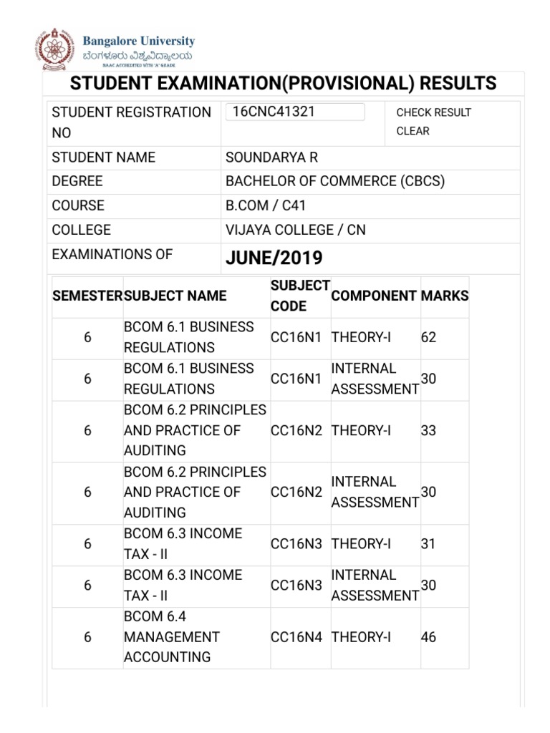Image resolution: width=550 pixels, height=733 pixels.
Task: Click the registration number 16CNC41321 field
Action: pyautogui.click(x=294, y=112)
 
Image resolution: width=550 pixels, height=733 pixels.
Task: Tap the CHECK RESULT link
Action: pyautogui.click(x=433, y=112)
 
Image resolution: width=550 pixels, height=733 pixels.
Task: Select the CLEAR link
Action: pyautogui.click(x=412, y=131)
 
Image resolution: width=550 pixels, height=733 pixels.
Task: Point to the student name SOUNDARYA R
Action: pyautogui.click(x=271, y=157)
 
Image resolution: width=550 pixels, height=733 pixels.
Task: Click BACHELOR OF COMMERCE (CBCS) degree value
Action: pyautogui.click(x=334, y=181)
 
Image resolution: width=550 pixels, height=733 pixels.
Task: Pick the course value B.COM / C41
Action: pyautogui.click(x=266, y=205)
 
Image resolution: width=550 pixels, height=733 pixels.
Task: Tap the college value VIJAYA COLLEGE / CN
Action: pyautogui.click(x=295, y=230)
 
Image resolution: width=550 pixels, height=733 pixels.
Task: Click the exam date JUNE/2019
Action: pyautogui.click(x=274, y=258)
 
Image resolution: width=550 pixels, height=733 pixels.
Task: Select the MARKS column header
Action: pyautogui.click(x=445, y=296)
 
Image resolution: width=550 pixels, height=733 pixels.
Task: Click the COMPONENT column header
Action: pyautogui.click(x=374, y=296)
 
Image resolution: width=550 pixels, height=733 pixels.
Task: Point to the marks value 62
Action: pyautogui.click(x=428, y=337)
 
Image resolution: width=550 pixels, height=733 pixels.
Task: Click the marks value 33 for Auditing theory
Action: pyautogui.click(x=428, y=431)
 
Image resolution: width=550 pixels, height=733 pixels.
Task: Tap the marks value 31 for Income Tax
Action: pyautogui.click(x=428, y=544)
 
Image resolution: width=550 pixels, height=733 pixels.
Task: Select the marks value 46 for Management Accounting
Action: pyautogui.click(x=428, y=637)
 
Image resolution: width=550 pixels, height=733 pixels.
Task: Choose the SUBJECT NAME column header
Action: pyautogui.click(x=175, y=296)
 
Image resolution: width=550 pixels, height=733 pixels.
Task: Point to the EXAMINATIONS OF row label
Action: pyautogui.click(x=112, y=254)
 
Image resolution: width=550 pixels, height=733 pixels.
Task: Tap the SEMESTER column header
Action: pyautogui.click(x=87, y=296)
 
